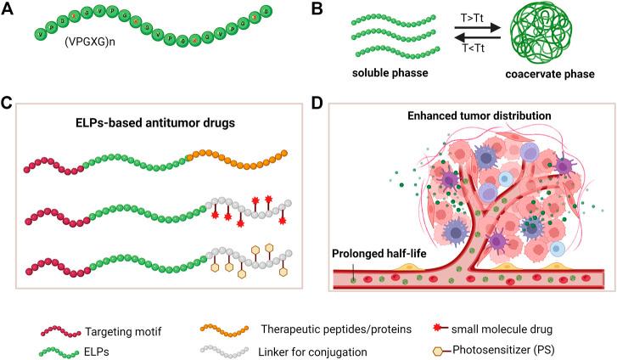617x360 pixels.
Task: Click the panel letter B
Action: pos(318,9)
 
